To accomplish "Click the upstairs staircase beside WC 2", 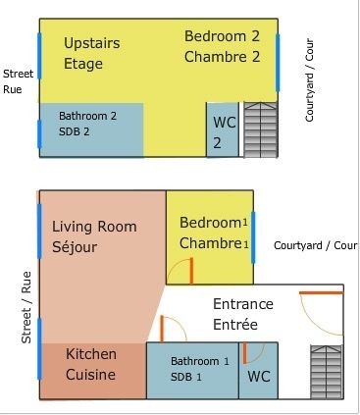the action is point(261,130).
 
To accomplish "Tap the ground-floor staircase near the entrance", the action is point(327,372).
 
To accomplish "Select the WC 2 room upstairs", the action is point(223,130).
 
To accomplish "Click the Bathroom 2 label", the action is point(87,116).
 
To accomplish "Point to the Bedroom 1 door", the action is point(191,271).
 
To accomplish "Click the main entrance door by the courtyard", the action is point(322,293).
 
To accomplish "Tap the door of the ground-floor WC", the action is point(244,353).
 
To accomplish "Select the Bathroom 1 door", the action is point(162,329).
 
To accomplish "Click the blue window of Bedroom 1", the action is point(253,237).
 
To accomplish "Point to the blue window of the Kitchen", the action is point(39,348).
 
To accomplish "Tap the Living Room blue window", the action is point(39,232).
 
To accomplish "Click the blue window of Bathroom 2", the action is point(39,134).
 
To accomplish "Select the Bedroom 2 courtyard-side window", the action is point(278,63).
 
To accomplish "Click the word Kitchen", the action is point(91,354).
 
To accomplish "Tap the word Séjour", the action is point(75,247).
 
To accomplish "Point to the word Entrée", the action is point(235,325).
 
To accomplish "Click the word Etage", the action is point(83,64).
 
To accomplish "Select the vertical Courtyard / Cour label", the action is point(309,80).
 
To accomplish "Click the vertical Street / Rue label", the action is point(26,307).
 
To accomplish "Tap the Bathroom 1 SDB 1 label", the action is point(200,369).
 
